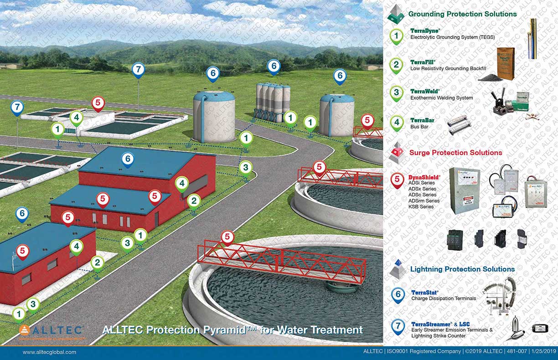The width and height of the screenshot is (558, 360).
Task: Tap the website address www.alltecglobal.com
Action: pyautogui.click(x=49, y=352)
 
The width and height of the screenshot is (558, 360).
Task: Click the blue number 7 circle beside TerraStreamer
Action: pyautogui.click(x=398, y=326)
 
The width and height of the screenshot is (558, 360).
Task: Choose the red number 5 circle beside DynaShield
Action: pyautogui.click(x=398, y=179)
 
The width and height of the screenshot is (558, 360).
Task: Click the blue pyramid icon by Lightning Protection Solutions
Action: pyautogui.click(x=398, y=269)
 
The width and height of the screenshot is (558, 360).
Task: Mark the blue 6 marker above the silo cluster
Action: pyautogui.click(x=274, y=67)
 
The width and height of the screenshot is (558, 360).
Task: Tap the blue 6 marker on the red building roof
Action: pyautogui.click(x=128, y=159)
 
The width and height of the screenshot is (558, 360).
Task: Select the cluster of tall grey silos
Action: pyautogui.click(x=273, y=101)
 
